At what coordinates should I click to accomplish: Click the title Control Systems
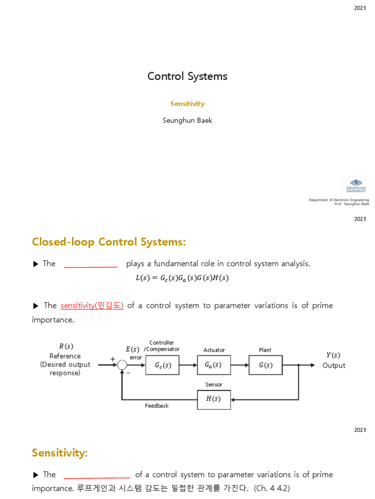187,77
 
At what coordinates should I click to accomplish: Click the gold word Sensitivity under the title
187,104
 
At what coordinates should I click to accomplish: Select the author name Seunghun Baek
187,120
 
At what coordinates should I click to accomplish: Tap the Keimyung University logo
356,186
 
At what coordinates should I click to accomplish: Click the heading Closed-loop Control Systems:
109,242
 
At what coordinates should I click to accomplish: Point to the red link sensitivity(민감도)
92,306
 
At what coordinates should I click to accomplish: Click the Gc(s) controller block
163,365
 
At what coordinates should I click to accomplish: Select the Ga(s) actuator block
214,365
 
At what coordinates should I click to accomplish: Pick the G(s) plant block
266,365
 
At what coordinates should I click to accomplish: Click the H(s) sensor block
214,400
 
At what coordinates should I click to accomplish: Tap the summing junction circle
122,365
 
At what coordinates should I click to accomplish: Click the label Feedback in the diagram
157,406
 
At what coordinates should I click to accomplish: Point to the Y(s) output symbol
333,355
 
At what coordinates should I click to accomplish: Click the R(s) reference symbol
65,346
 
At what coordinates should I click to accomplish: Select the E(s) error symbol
132,349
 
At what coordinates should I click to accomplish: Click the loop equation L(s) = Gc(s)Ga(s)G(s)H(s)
182,278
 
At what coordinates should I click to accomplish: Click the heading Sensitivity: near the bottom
60,453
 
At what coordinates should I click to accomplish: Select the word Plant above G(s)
265,350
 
